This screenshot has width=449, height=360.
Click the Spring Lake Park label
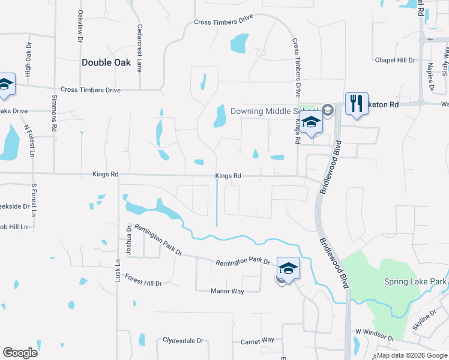415,281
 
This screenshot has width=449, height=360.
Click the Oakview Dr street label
80,27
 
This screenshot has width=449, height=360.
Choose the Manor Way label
227,291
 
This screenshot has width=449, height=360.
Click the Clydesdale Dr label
183,340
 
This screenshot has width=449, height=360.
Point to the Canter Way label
258,340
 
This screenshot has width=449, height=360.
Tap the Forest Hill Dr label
143,280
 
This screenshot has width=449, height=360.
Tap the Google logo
20,353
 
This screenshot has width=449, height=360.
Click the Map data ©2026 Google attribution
411,355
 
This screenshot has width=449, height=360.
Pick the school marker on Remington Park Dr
288,269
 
